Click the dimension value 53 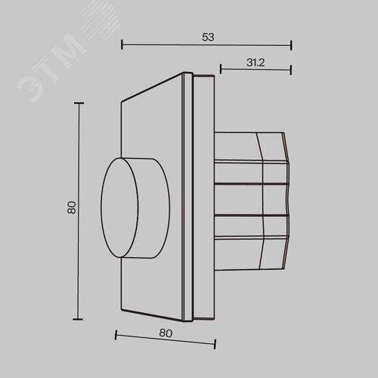(208, 37)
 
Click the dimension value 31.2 (256, 63)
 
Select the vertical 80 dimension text (72, 207)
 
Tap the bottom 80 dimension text (166, 333)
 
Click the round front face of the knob (119, 208)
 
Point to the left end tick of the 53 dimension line (122, 45)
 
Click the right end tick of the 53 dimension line (291, 45)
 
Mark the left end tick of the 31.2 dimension (221, 69)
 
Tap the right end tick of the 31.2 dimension (291, 70)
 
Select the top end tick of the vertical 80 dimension (79, 103)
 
